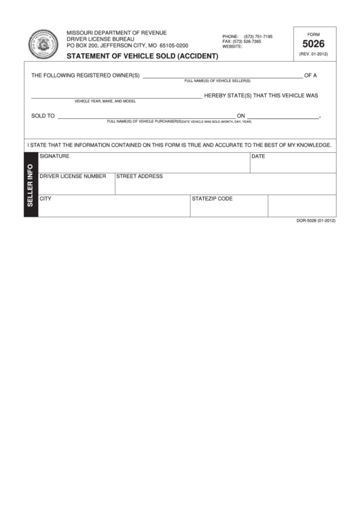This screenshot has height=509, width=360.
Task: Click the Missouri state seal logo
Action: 43,44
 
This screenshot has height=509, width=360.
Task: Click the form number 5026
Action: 313,42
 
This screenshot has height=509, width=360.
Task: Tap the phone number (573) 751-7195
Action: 258,36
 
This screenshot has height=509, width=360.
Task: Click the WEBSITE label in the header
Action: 232,47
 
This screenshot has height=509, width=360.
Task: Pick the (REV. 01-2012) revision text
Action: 313,53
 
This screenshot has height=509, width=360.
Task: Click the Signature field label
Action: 54,156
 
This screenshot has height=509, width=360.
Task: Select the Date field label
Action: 258,156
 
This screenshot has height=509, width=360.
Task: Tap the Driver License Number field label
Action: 73,176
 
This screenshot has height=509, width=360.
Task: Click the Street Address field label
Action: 139,176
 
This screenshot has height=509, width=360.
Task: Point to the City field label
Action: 46,199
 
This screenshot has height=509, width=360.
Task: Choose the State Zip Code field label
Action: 212,199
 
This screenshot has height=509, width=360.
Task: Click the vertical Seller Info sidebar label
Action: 31,185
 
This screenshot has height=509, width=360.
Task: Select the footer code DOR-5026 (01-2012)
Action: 316,221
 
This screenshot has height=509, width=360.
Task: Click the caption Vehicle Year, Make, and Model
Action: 105,101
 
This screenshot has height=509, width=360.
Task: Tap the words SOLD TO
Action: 43,116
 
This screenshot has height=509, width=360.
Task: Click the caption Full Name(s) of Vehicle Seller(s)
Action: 217,80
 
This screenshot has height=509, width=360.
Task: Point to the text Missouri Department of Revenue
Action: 116,33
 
